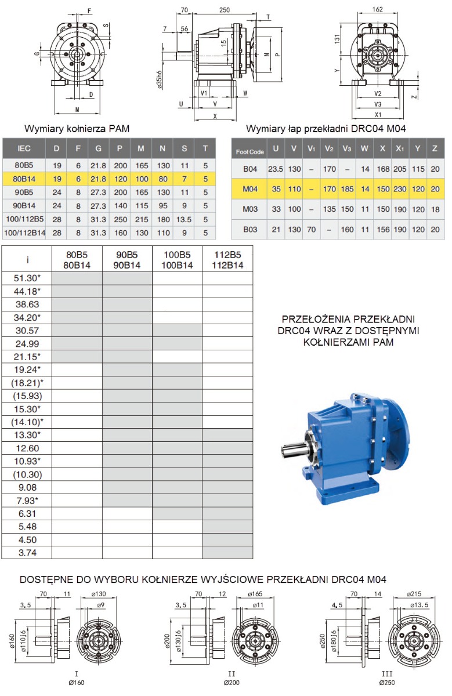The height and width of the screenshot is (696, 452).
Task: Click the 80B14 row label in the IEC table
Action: click(x=24, y=179)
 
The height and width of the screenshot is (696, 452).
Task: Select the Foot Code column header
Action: click(x=249, y=152)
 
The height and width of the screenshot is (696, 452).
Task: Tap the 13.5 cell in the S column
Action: click(x=184, y=219)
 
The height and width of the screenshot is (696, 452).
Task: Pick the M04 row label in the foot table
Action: click(x=250, y=189)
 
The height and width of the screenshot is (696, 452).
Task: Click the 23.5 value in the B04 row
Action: click(x=276, y=169)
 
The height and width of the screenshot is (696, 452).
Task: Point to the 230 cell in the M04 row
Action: click(x=400, y=189)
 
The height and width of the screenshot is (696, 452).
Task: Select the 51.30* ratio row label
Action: click(x=27, y=278)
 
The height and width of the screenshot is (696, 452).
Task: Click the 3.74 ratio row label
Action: click(x=27, y=553)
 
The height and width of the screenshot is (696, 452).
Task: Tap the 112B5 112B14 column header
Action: click(x=227, y=260)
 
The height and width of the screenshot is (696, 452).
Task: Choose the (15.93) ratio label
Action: click(x=27, y=396)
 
